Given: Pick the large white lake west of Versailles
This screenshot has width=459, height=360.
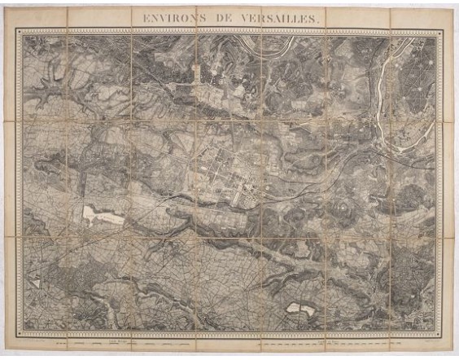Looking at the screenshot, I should pyautogui.click(x=103, y=215).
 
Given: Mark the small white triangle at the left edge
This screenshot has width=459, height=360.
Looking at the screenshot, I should pyautogui.click(x=36, y=281).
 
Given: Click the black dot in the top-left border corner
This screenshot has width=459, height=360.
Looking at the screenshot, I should pyautogui.click(x=19, y=31).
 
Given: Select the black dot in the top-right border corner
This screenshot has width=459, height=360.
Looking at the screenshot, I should pyautogui.click(x=442, y=31).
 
